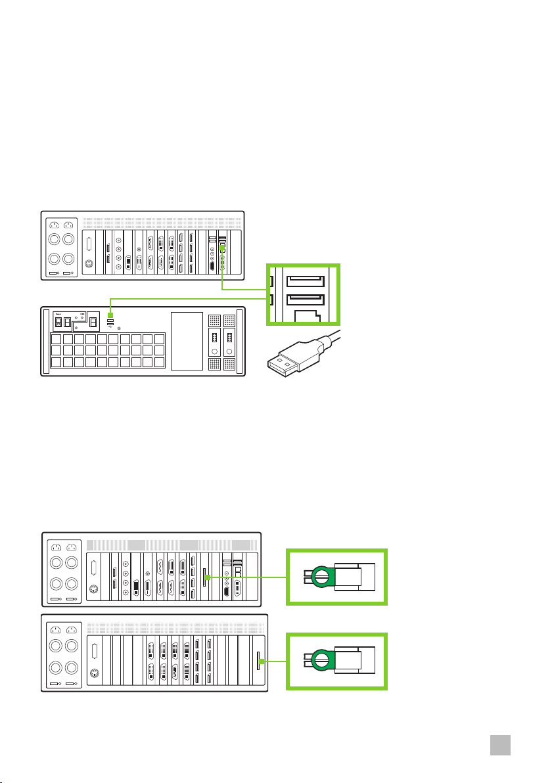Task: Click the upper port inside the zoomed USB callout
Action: [305, 282]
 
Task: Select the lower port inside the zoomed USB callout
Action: [305, 302]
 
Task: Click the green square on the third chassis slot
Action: [206, 577]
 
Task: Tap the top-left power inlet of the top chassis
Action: [55, 226]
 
